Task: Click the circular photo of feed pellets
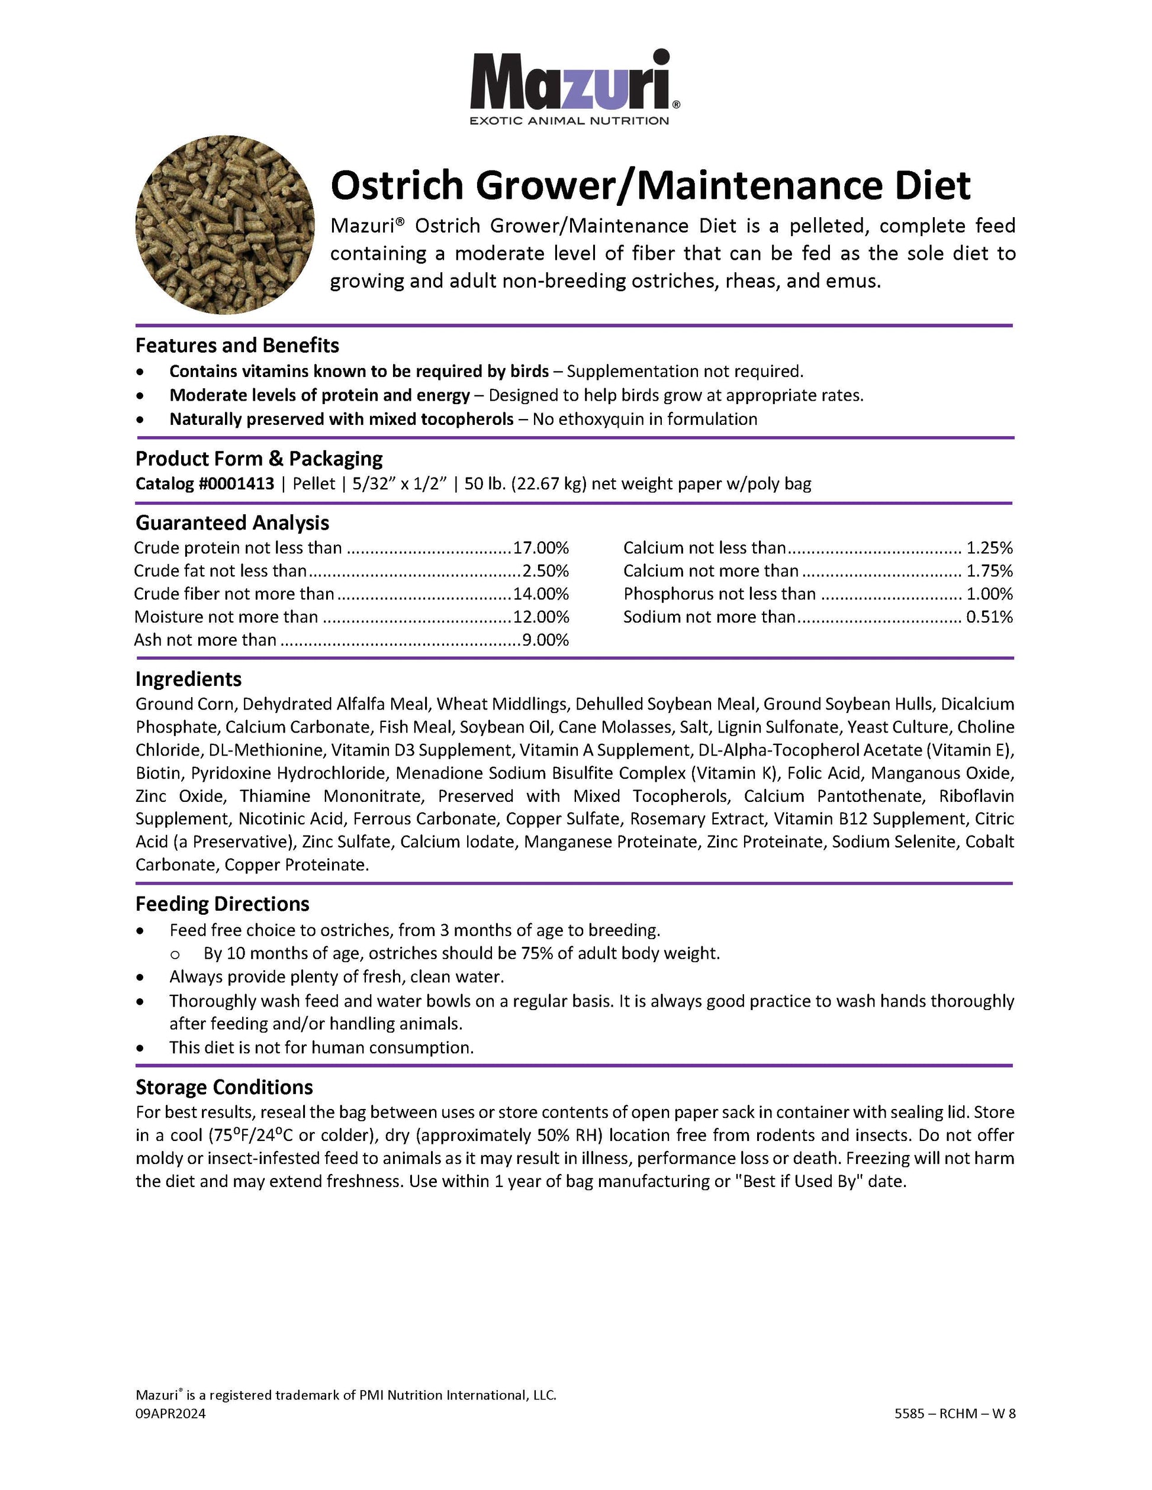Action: [225, 224]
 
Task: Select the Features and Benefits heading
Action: [237, 345]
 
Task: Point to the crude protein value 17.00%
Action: [541, 548]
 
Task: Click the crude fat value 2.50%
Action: [545, 571]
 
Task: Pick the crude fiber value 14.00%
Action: [541, 594]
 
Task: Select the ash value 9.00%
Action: [545, 640]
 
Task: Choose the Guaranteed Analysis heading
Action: [232, 523]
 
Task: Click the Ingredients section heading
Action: [188, 679]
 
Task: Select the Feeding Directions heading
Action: [223, 904]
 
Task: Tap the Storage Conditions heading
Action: [224, 1087]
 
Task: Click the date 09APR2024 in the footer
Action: [170, 1414]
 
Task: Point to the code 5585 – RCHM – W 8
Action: [955, 1414]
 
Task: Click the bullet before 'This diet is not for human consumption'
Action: [140, 1047]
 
